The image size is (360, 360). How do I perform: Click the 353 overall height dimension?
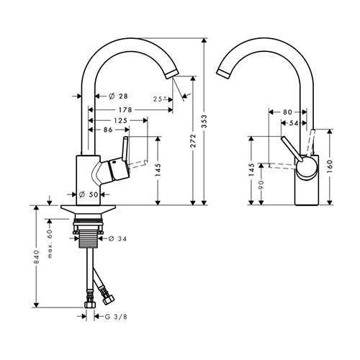[204, 121]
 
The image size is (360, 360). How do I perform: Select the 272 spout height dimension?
[194, 140]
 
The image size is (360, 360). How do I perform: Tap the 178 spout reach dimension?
[125, 110]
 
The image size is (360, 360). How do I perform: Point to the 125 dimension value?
[120, 120]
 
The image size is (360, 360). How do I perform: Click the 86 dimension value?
[108, 130]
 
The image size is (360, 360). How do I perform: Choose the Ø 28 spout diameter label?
[118, 96]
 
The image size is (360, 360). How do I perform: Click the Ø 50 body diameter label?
[89, 194]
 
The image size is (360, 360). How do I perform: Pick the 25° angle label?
[160, 99]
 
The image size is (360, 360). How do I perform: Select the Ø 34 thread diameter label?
[117, 238]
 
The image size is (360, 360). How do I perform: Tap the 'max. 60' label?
[50, 243]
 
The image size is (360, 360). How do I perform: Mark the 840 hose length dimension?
[36, 257]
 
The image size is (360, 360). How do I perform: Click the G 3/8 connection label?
[116, 317]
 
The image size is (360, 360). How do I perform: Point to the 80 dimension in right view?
[287, 112]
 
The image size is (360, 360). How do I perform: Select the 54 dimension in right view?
[294, 123]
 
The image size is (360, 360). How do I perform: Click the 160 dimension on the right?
[330, 166]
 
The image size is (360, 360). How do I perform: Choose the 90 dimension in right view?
[261, 184]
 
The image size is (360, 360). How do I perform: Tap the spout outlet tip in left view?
[172, 74]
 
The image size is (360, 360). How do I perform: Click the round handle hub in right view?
[306, 168]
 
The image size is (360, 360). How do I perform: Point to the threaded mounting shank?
[89, 238]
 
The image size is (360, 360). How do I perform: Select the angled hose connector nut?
[109, 300]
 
